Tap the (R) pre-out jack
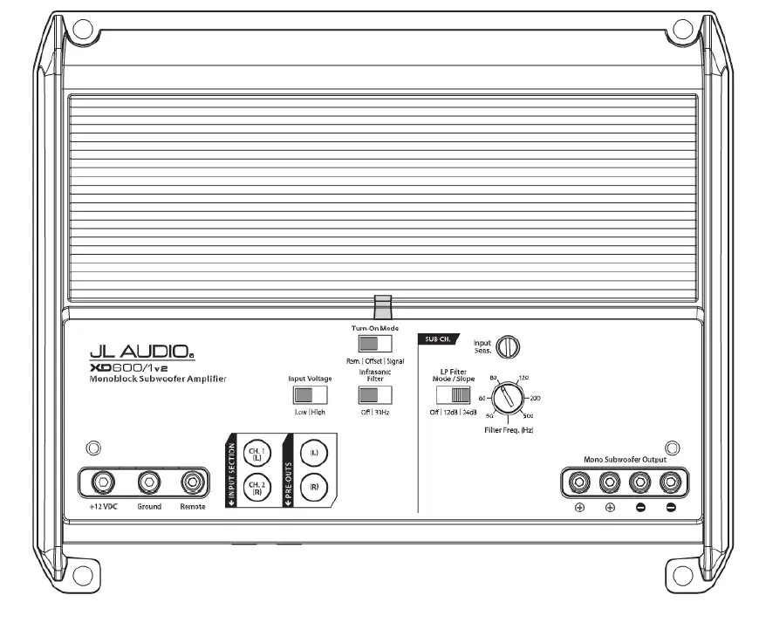click(x=314, y=488)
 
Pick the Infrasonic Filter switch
click(x=373, y=394)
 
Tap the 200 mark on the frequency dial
click(x=535, y=398)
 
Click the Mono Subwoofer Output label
click(x=624, y=459)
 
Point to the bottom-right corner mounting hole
click(x=682, y=574)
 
